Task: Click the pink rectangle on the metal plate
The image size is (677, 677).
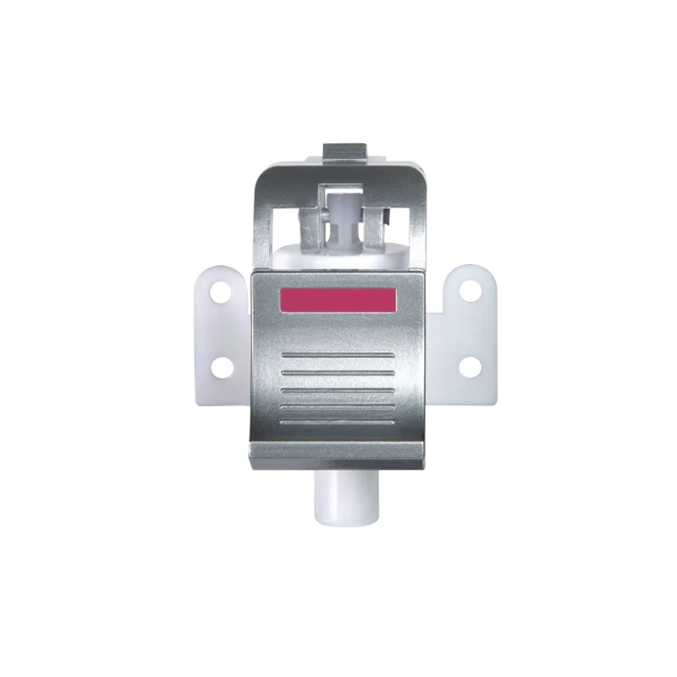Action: tap(337, 300)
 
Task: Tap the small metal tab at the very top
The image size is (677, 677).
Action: tap(347, 153)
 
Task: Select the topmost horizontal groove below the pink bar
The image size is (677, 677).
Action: tap(337, 353)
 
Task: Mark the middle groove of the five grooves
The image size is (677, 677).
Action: tap(337, 388)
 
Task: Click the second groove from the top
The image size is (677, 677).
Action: tap(337, 371)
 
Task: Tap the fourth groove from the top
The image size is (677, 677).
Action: tap(337, 405)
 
